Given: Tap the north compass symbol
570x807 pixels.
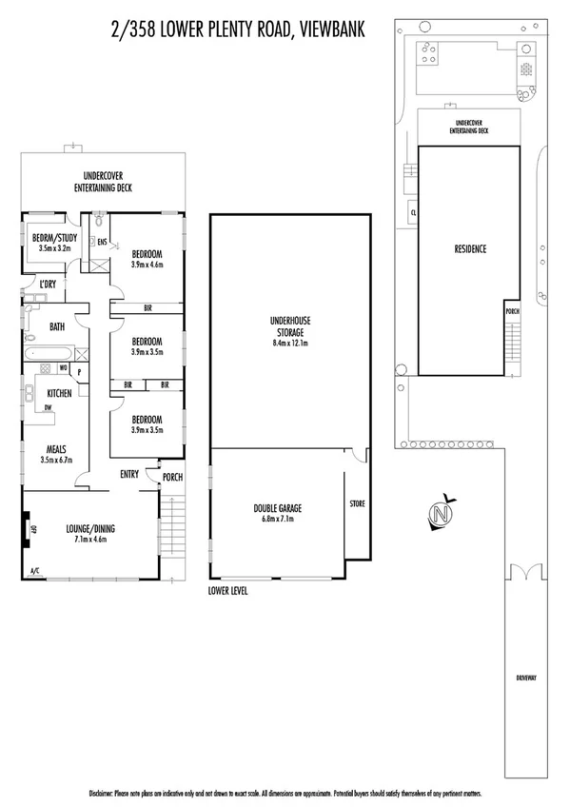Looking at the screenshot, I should [441, 514].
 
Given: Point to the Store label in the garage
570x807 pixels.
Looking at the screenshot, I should [357, 502].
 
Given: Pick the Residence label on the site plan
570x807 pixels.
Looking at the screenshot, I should [469, 249].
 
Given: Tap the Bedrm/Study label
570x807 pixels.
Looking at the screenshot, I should [54, 238].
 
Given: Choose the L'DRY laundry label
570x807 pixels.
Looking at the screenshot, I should [48, 283].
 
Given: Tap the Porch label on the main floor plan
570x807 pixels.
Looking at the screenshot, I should [172, 478].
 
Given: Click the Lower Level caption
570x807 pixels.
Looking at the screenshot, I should [227, 590].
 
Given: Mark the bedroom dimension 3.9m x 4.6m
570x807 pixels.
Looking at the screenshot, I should [147, 266].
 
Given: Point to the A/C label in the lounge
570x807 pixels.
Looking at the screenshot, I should [35, 571].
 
